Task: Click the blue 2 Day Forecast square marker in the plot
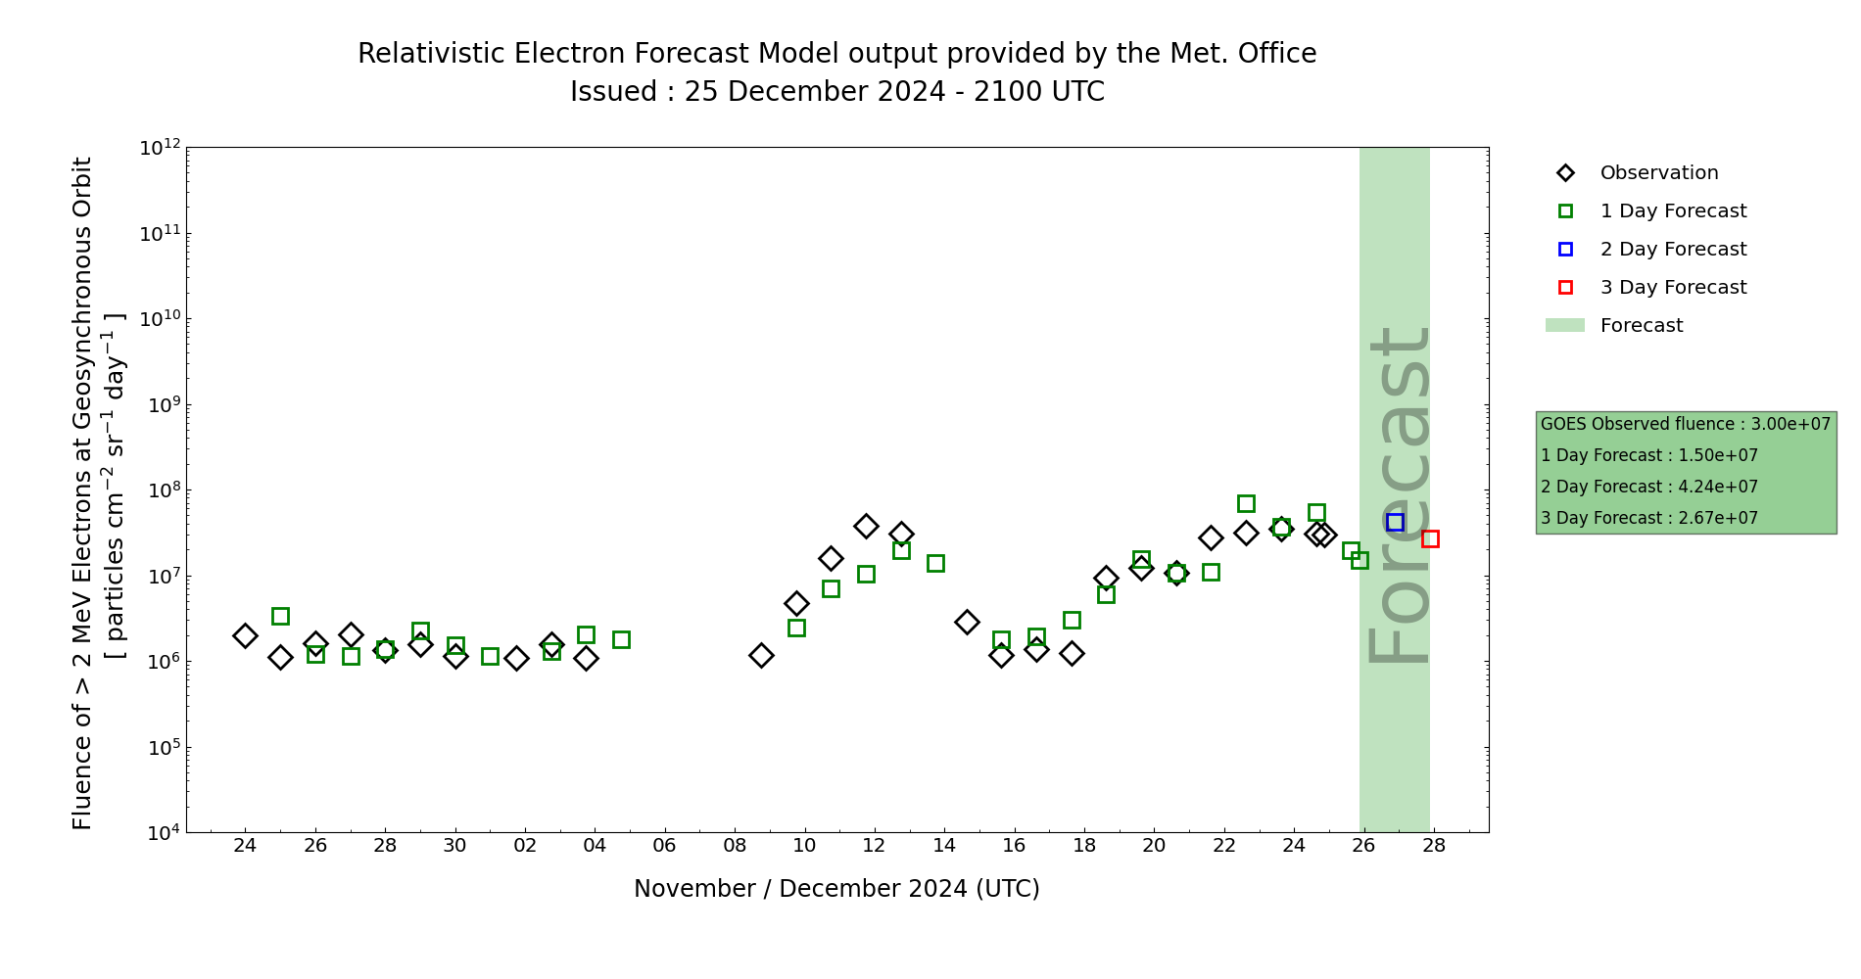pos(1395,523)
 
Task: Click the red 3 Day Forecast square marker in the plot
pos(1430,538)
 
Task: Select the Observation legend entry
pos(1658,173)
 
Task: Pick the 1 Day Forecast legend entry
pos(1672,211)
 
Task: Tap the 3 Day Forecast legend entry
pos(1672,288)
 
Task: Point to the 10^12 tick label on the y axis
pos(160,148)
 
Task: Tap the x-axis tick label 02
pos(525,846)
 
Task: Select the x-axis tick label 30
pos(454,846)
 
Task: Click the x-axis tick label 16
pos(1014,846)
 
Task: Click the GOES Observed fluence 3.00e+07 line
pos(1685,425)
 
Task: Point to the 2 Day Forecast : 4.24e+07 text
pos(1648,488)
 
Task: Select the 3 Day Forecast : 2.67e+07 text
pos(1648,519)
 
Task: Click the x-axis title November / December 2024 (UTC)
pos(836,889)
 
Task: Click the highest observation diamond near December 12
pos(866,527)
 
